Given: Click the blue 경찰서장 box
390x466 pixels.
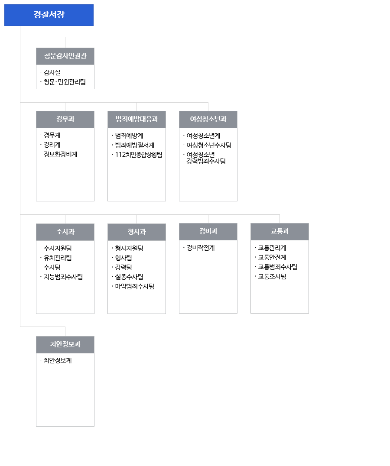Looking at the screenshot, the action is [49, 15].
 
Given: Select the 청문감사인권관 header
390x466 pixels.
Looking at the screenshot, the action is [65, 56].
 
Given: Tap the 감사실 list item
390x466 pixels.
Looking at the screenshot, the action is [52, 72].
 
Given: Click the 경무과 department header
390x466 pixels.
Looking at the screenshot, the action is [65, 120].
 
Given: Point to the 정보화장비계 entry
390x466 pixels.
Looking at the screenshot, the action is [60, 154].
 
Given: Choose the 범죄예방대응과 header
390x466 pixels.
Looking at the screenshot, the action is [137, 120].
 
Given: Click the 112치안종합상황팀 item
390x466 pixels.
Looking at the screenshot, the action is [139, 155].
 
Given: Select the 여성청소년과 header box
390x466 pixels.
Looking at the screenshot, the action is [208, 120].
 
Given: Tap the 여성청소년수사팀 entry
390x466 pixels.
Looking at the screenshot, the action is [209, 145].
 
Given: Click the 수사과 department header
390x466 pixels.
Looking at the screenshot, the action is [65, 232].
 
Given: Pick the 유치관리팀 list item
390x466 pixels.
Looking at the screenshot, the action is [58, 258].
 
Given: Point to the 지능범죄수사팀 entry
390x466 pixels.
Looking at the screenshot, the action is [63, 277].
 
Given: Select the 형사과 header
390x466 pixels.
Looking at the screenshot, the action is [137, 232].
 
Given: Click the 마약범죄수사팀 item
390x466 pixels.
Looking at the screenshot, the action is [135, 286].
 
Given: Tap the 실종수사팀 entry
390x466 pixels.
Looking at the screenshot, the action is [129, 277].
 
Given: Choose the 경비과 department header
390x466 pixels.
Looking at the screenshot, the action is [208, 232].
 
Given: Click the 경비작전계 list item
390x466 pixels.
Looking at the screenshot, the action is [201, 248].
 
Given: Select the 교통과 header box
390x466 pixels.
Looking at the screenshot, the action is [280, 232].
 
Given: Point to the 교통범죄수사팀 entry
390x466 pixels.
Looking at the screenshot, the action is [278, 267].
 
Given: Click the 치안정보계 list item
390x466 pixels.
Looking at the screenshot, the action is [58, 360].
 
